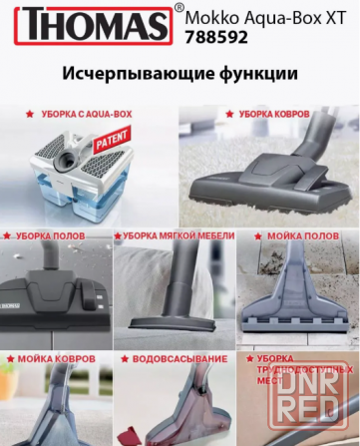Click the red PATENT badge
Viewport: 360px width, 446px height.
coord(109,147)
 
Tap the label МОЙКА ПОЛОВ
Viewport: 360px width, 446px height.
coord(302,236)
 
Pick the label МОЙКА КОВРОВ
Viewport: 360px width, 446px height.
coord(56,357)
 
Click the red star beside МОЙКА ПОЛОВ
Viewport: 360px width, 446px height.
coord(255,236)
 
